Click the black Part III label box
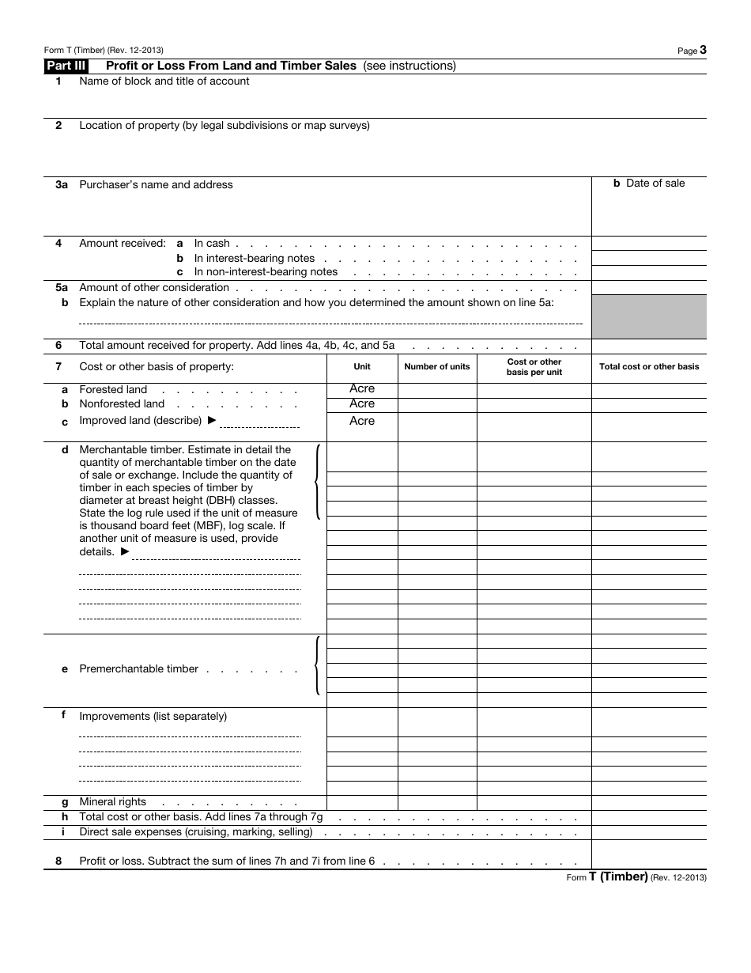[x=66, y=66]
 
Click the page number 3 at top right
[x=703, y=50]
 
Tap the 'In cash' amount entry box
[x=649, y=244]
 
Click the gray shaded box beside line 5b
[x=649, y=316]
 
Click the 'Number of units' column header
[x=437, y=367]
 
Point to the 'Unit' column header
[x=362, y=367]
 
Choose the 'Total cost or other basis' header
[x=649, y=367]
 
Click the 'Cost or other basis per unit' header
[x=534, y=367]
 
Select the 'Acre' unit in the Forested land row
[x=362, y=389]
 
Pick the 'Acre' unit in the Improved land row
[x=362, y=422]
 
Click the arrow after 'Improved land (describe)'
[x=212, y=420]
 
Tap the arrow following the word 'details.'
[x=125, y=551]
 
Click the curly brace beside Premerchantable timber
[x=317, y=664]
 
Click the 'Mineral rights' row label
[x=112, y=802]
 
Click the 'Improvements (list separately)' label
[x=153, y=717]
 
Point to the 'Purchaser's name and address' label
[x=156, y=185]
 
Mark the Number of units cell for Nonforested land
[x=437, y=404]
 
